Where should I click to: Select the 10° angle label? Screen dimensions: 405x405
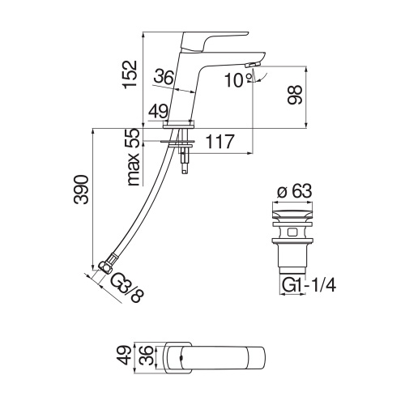tap(234, 81)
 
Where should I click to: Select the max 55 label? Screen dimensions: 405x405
tap(133, 157)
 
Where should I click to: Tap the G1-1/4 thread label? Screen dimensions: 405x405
tap(309, 285)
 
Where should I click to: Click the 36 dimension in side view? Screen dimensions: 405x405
tap(164, 77)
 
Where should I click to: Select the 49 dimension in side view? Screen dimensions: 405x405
tap(159, 109)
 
